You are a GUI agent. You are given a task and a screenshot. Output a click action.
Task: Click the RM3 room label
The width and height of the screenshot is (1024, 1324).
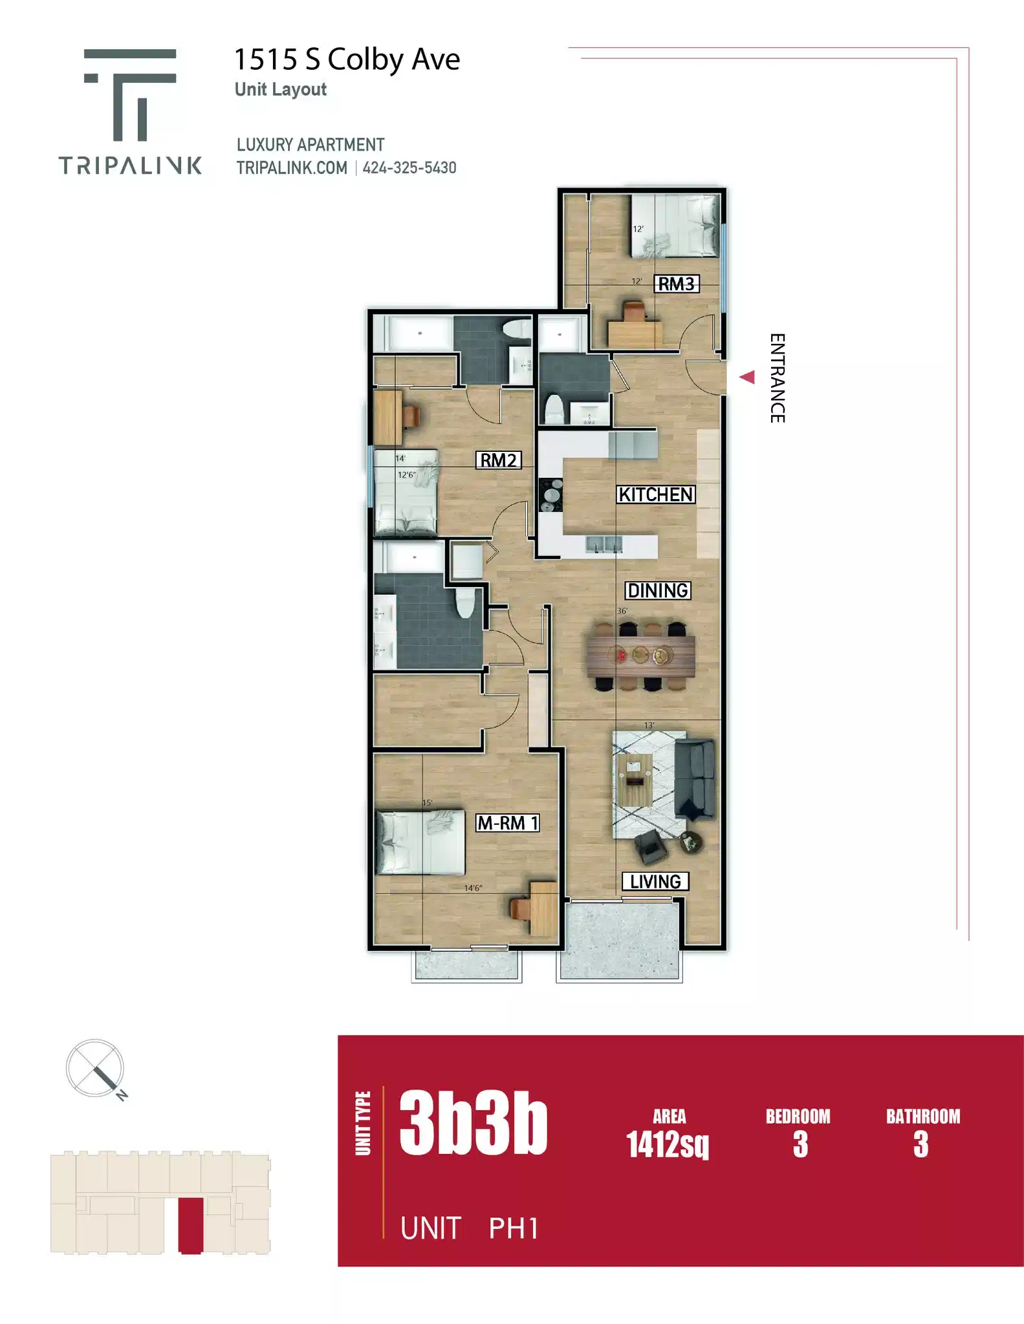click(676, 284)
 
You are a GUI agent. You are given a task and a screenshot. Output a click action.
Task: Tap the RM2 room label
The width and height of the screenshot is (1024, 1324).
click(498, 460)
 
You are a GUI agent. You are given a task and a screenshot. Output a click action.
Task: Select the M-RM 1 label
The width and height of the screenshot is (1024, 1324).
click(508, 823)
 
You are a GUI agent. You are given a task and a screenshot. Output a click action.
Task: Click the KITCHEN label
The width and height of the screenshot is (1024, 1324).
click(656, 495)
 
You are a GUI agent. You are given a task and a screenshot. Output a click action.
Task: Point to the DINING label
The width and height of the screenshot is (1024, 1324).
click(658, 590)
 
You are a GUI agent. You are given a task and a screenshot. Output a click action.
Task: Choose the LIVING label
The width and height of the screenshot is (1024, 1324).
click(655, 882)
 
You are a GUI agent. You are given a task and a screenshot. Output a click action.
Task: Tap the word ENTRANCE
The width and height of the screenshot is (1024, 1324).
click(777, 378)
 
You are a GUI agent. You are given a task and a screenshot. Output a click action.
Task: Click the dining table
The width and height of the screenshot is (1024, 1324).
click(640, 656)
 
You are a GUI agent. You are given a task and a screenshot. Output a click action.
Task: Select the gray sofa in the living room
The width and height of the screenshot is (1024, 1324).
click(695, 779)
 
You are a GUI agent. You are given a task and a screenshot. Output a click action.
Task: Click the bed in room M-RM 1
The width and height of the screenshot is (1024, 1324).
click(420, 842)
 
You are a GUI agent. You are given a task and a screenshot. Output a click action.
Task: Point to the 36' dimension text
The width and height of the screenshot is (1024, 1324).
click(622, 611)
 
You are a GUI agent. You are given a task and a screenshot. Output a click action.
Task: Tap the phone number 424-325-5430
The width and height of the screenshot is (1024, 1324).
click(409, 168)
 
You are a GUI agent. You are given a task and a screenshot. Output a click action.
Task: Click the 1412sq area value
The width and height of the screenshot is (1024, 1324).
click(668, 1144)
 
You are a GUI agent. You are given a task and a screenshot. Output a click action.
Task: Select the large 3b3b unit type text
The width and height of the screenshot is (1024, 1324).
click(473, 1124)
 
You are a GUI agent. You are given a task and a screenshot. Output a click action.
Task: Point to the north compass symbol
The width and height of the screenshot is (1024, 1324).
click(96, 1068)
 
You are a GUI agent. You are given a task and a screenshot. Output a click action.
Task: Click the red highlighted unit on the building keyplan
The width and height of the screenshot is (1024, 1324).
click(190, 1225)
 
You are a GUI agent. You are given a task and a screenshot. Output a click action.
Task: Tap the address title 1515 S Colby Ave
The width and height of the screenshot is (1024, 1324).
click(347, 59)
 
